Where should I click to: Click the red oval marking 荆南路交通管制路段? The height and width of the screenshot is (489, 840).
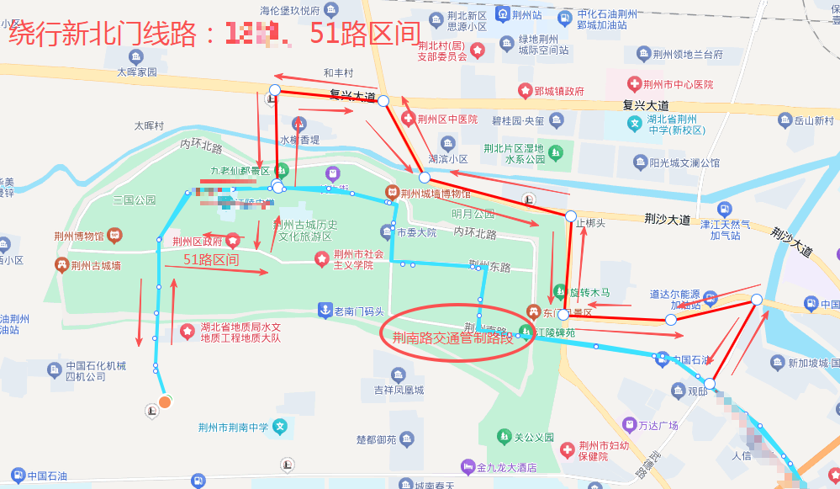click(458, 333)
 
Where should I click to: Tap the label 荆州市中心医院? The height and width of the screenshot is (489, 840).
click(678, 84)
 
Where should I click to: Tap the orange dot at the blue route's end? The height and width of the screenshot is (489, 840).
click(166, 401)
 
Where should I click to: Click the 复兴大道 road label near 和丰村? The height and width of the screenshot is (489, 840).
click(352, 96)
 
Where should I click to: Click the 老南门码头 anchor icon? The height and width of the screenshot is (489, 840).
click(325, 311)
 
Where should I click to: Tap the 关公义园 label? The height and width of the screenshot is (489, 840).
click(534, 437)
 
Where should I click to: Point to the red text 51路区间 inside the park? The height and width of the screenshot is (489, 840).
click(211, 260)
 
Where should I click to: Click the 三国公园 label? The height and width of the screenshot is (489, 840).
click(135, 200)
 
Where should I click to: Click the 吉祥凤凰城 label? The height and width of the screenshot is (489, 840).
click(399, 390)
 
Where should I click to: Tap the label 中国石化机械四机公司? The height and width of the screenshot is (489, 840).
click(97, 371)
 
